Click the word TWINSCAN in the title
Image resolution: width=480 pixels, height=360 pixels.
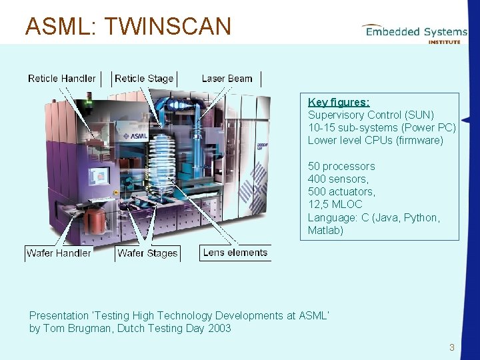click(x=168, y=27)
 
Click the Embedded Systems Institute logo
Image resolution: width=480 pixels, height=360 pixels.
click(x=414, y=33)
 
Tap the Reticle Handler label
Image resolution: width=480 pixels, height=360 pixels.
click(x=62, y=79)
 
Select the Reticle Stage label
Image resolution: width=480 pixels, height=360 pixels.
click(x=144, y=79)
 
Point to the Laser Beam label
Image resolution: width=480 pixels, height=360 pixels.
click(x=227, y=79)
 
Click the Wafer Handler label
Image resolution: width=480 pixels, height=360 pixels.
click(x=59, y=253)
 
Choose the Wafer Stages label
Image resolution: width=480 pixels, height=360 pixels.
click(x=147, y=253)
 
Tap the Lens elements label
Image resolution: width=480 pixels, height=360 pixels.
click(x=235, y=253)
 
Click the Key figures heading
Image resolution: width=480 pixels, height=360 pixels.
click(x=339, y=102)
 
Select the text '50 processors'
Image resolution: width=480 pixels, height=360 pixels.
click(x=341, y=166)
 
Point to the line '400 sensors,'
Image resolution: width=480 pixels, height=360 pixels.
click(x=337, y=179)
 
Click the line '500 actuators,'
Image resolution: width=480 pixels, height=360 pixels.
click(x=341, y=191)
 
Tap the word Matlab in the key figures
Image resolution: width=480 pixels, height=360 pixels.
click(x=325, y=230)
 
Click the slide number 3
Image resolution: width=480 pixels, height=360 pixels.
click(x=451, y=347)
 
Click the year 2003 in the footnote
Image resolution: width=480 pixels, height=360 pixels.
click(x=218, y=328)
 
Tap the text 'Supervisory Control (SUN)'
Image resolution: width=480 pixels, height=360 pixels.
click(x=371, y=115)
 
